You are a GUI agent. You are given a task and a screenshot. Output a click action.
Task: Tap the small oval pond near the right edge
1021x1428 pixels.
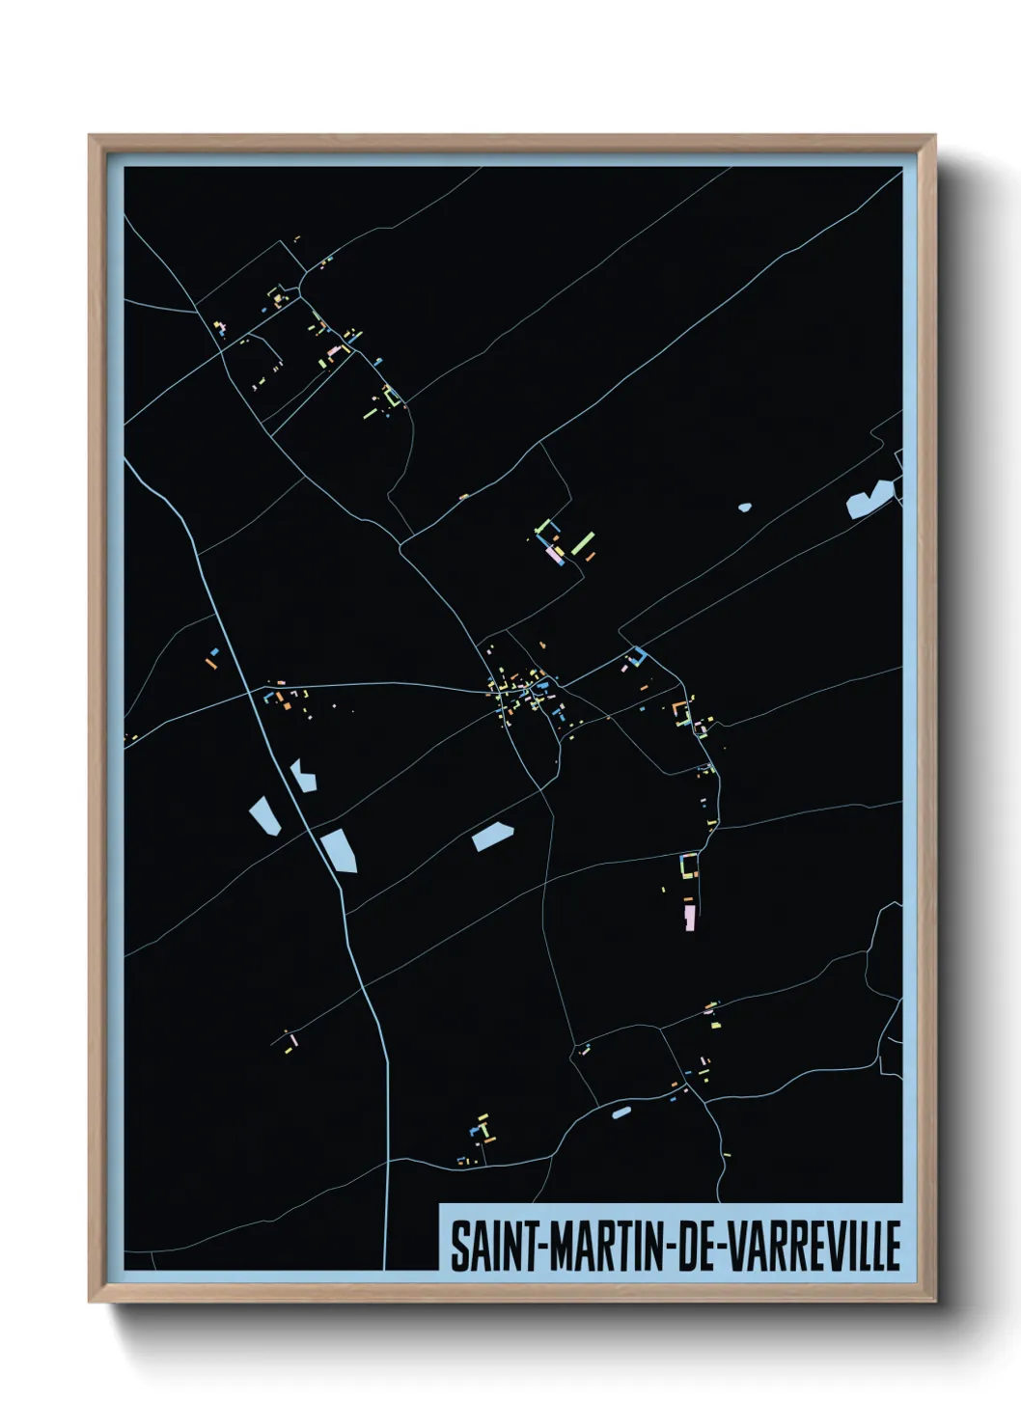pos(744,507)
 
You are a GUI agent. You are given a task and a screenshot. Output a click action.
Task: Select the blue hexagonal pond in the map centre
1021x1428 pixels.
pos(492,836)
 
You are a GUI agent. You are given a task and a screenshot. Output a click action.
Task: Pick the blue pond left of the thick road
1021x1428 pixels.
pos(263,815)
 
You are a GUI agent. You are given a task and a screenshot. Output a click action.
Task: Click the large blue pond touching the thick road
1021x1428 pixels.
pos(340,850)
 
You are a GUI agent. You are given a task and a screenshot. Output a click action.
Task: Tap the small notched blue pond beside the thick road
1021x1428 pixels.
pos(304,775)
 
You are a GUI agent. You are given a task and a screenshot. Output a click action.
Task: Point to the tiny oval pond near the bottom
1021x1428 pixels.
pos(621,1112)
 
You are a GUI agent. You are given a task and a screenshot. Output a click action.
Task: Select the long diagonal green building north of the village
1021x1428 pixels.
pos(582,543)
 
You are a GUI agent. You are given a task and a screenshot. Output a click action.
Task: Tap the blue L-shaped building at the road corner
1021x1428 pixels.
pos(636,657)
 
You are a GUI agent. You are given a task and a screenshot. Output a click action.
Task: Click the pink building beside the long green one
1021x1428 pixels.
pos(554,555)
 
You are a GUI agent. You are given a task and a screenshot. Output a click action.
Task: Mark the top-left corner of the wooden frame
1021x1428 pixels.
pos(91,137)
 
